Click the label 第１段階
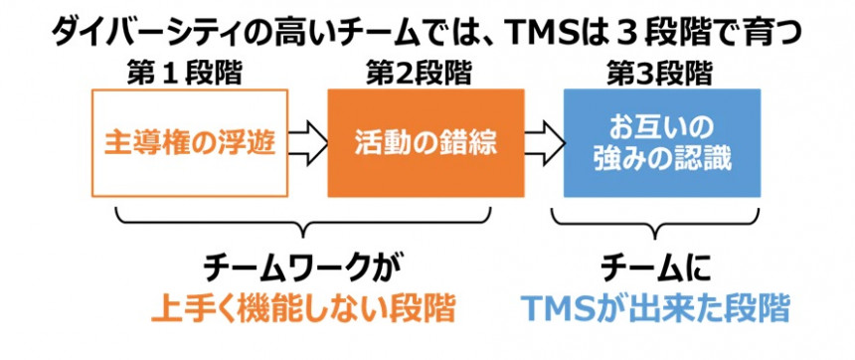click(x=184, y=74)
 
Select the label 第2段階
click(x=419, y=74)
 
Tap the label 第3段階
click(x=659, y=74)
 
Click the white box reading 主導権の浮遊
click(x=190, y=143)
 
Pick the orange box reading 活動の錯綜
click(x=426, y=143)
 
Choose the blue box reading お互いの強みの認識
click(x=662, y=143)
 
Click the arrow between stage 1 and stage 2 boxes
click(x=307, y=143)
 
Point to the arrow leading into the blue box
click(x=544, y=143)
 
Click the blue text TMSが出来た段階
click(x=655, y=309)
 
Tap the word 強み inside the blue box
click(x=617, y=162)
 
